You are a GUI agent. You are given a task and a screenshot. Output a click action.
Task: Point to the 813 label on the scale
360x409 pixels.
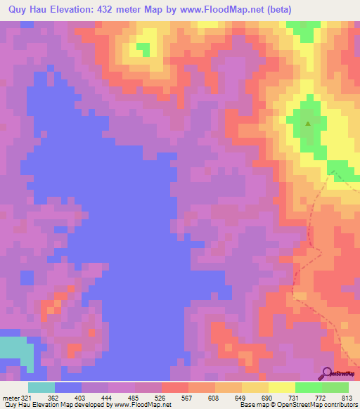(348, 398)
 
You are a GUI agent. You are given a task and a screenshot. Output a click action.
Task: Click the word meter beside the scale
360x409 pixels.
(9, 398)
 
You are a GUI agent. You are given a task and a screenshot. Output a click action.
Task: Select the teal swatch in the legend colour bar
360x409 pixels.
(41, 387)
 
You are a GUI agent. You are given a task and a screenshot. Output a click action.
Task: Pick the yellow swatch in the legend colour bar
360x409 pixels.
(282, 387)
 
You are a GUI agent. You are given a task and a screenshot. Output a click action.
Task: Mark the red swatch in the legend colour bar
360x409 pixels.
(175, 387)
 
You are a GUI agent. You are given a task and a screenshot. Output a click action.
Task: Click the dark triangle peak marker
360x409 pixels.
(308, 124)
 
